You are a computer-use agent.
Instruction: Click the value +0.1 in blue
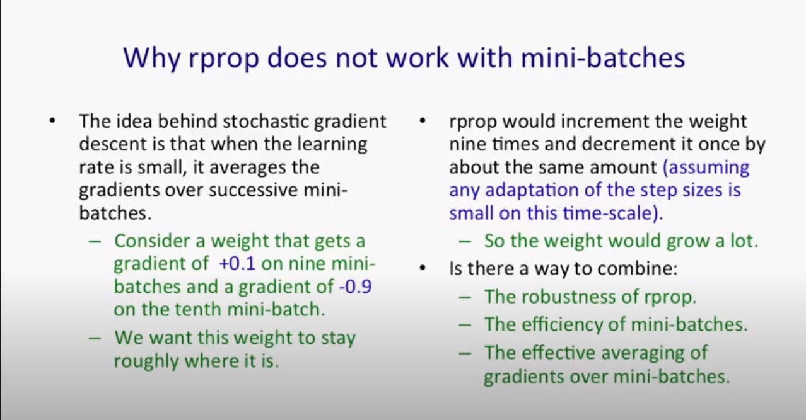[237, 263]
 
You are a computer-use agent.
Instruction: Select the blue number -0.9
[354, 287]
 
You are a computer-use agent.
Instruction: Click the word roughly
[146, 361]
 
